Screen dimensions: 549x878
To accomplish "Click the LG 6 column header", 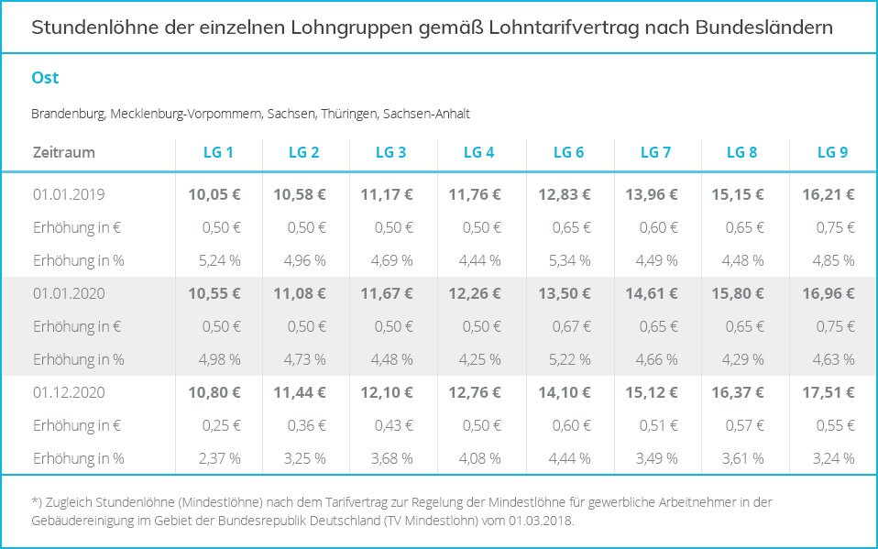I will pyautogui.click(x=568, y=152).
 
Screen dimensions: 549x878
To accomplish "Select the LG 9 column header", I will pyautogui.click(x=832, y=152).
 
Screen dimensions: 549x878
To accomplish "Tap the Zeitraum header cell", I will pyautogui.click(x=63, y=152).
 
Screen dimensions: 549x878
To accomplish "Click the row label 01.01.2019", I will pyautogui.click(x=69, y=194).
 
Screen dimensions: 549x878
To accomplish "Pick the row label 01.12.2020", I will pyautogui.click(x=69, y=392).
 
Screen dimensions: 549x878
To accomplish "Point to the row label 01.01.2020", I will pyautogui.click(x=69, y=293).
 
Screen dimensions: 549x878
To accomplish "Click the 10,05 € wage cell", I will pyautogui.click(x=214, y=194).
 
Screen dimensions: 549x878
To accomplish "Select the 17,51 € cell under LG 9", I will pyautogui.click(x=829, y=392).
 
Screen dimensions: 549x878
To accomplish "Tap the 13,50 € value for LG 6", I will pyautogui.click(x=564, y=293).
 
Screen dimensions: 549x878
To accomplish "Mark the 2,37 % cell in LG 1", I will pyautogui.click(x=220, y=458).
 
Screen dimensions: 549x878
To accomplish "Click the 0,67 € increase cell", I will pyautogui.click(x=570, y=326).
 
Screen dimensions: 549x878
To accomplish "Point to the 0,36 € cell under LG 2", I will pyautogui.click(x=307, y=425).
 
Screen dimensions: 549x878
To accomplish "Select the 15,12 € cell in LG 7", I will pyautogui.click(x=652, y=392).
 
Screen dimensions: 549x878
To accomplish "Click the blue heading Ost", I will pyautogui.click(x=45, y=78).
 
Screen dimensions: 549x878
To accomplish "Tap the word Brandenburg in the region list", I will pyautogui.click(x=69, y=115).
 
